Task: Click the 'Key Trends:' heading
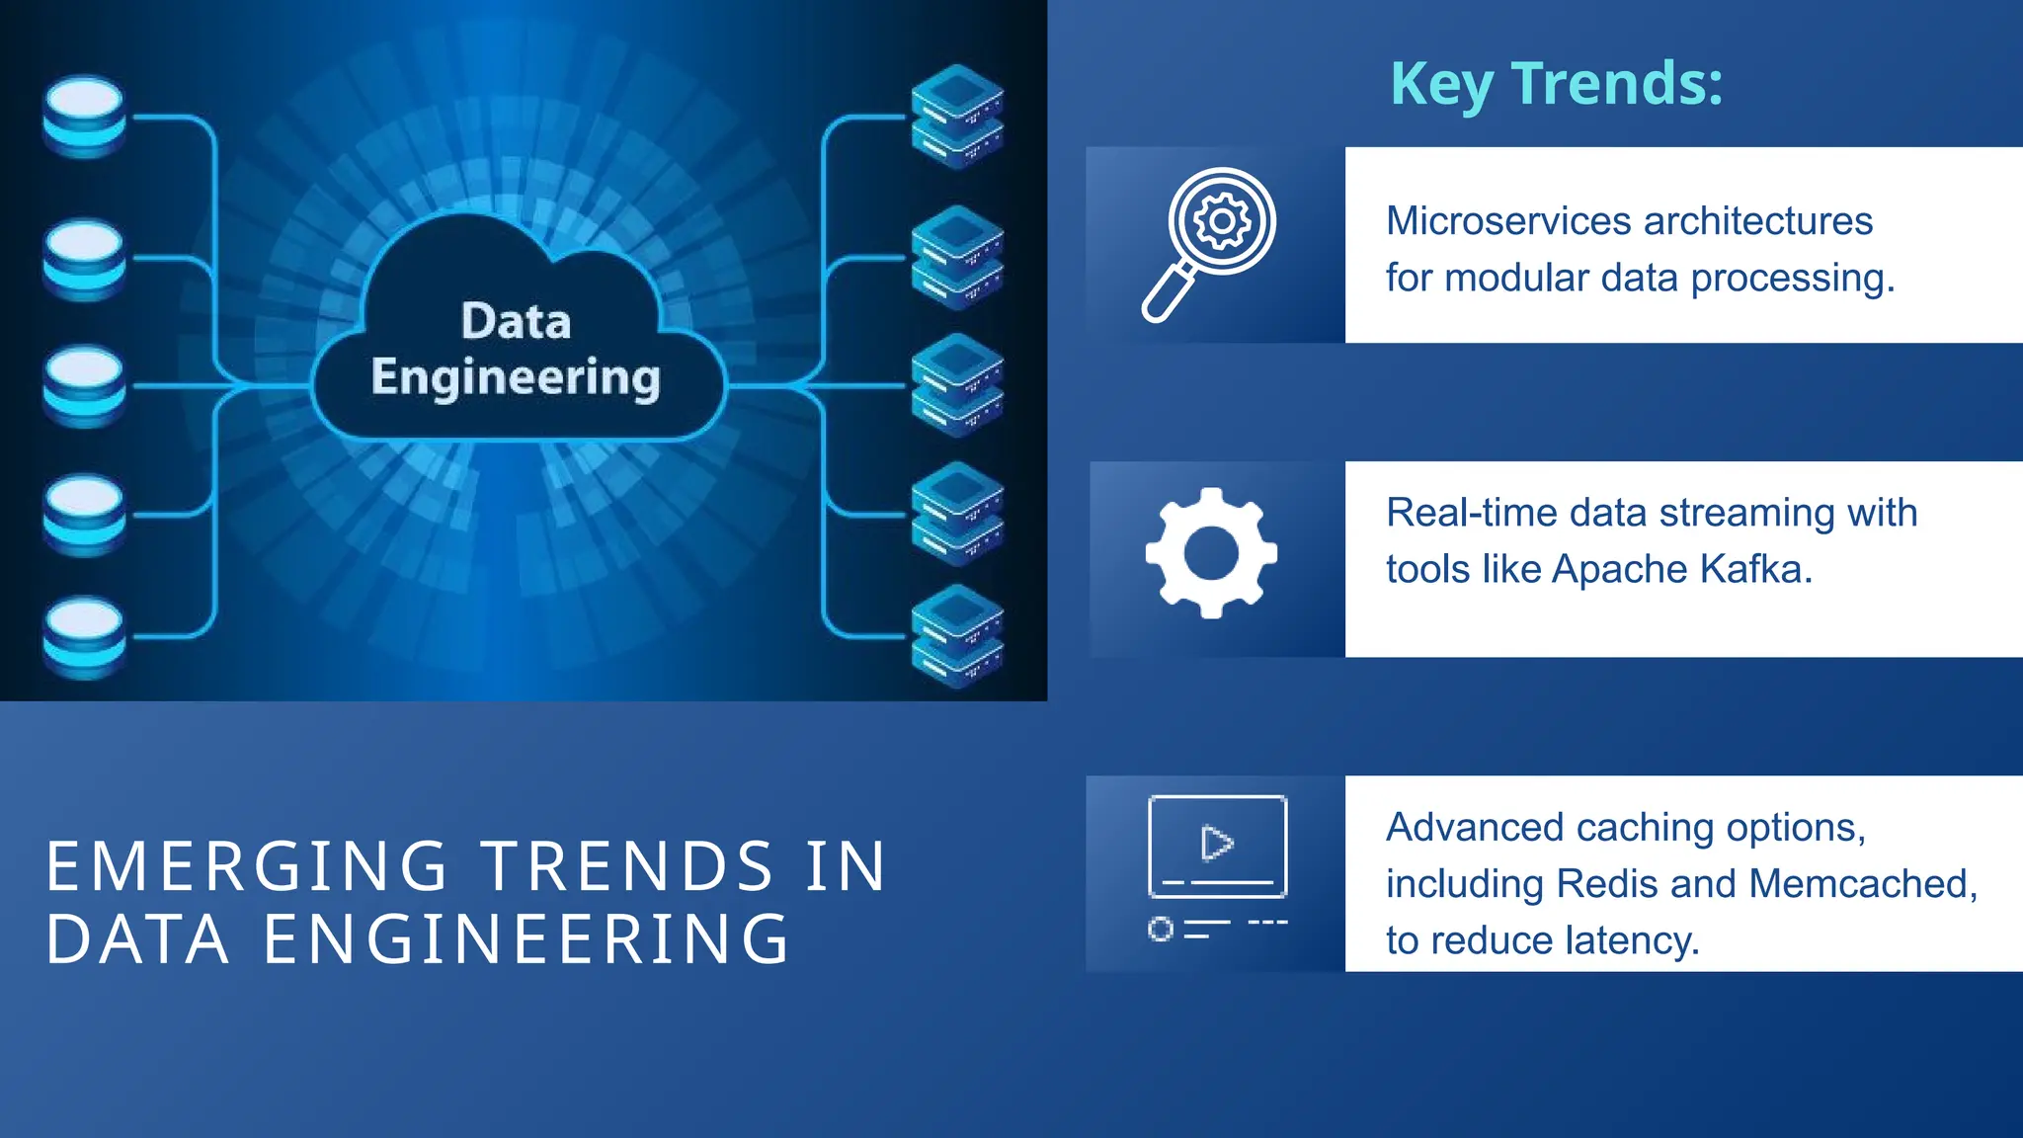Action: pos(1556,84)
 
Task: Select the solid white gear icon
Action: pos(1211,553)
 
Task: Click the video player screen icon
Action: pos(1217,848)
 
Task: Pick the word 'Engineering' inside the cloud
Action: pos(516,378)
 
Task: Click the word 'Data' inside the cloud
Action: pos(516,322)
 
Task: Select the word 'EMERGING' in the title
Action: pos(247,867)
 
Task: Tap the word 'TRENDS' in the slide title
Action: pos(627,867)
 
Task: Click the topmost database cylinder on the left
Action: pos(85,116)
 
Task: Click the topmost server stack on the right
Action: pos(957,116)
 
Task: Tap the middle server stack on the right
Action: pos(957,384)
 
